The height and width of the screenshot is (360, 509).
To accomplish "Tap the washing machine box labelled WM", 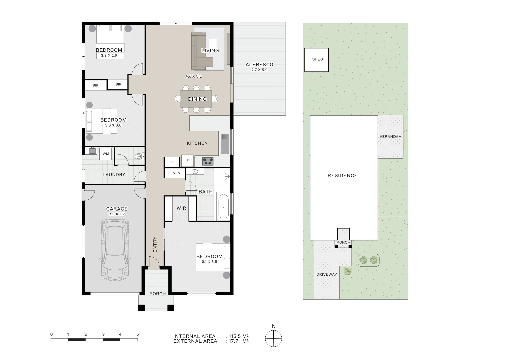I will click(106, 154).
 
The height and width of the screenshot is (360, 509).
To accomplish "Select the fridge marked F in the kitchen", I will click(187, 161).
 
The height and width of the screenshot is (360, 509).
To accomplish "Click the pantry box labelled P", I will click(172, 162).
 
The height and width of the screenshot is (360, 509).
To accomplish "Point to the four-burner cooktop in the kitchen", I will click(208, 162).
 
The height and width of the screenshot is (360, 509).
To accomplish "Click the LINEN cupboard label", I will click(175, 173).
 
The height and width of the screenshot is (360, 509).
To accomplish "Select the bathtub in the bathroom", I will click(223, 206).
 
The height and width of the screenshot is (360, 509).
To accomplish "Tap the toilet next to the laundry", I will click(138, 156).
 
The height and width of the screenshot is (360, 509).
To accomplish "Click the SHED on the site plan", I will click(317, 60).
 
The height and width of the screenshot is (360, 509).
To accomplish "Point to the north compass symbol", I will click(273, 338).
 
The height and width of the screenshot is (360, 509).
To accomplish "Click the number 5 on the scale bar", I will click(137, 334).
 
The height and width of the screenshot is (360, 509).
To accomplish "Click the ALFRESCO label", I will click(259, 65).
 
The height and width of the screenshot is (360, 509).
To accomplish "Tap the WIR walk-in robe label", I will click(181, 208).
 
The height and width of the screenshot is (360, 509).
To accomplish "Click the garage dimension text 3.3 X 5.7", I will click(117, 214).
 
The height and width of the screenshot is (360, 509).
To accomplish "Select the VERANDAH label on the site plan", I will click(390, 137).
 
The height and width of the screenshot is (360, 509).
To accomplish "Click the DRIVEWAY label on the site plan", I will click(326, 274).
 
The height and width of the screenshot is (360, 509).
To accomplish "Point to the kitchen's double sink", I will click(225, 144).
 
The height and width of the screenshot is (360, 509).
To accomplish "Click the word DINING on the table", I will click(197, 99).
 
